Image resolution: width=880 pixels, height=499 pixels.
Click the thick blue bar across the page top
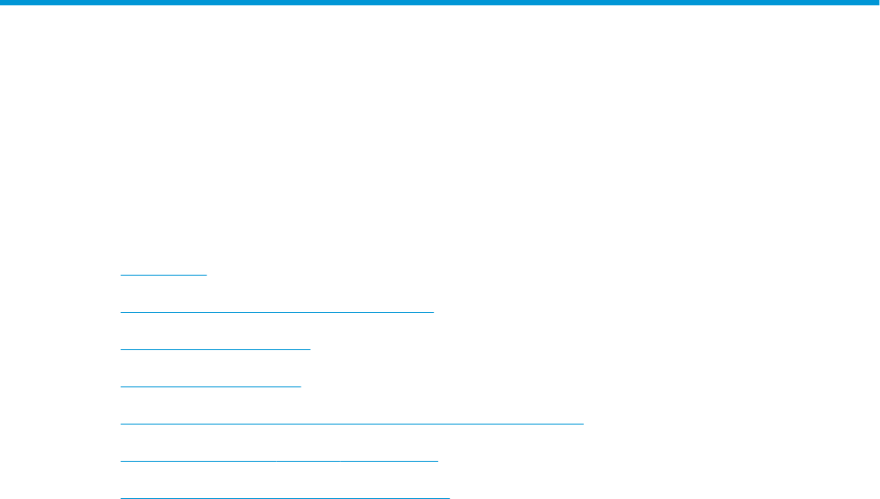(x=440, y=3)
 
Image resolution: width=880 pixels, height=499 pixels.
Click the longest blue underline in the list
(x=351, y=424)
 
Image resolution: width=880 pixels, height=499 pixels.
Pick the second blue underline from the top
(x=277, y=312)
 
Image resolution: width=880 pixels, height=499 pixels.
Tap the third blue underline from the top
(x=216, y=349)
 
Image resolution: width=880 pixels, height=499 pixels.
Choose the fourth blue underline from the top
(x=211, y=386)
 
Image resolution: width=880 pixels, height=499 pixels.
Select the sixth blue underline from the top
(x=279, y=461)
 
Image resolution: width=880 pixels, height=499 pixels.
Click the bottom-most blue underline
(x=285, y=498)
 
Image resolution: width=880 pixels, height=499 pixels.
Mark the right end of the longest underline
(x=583, y=424)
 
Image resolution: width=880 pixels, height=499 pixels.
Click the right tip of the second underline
(x=433, y=312)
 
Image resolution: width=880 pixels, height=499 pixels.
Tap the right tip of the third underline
(x=310, y=349)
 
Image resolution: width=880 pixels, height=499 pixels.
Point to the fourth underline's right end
(x=301, y=386)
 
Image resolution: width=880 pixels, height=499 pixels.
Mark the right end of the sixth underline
(x=437, y=461)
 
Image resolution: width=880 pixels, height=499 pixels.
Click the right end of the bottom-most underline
(x=450, y=498)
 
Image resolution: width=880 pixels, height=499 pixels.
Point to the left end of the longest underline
(x=121, y=424)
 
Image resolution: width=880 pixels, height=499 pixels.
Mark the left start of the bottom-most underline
(x=121, y=498)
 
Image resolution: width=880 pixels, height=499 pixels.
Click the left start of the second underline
(x=121, y=312)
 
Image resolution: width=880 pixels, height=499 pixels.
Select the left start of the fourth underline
(x=121, y=386)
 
